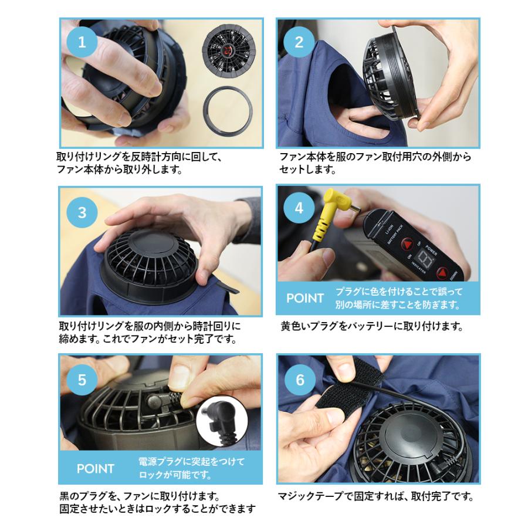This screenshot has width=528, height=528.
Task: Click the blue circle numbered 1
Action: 82,42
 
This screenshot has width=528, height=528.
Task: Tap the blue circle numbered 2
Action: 299,42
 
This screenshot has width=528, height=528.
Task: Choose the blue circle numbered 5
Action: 82,380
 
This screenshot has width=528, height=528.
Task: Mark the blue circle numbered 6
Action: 299,380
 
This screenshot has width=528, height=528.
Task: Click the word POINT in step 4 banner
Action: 305,298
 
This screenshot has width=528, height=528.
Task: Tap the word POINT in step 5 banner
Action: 96,469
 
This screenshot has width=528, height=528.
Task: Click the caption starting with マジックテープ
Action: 376,497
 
